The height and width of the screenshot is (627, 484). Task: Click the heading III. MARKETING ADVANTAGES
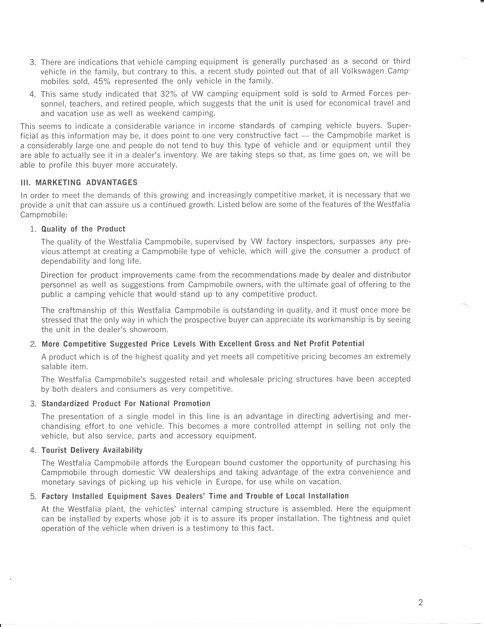point(79,183)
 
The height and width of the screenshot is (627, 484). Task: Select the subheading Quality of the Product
point(83,229)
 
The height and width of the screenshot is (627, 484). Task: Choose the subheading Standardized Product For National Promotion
point(126,404)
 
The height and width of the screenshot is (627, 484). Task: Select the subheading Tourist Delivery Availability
point(92,450)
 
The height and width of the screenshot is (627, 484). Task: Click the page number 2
point(421,595)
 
